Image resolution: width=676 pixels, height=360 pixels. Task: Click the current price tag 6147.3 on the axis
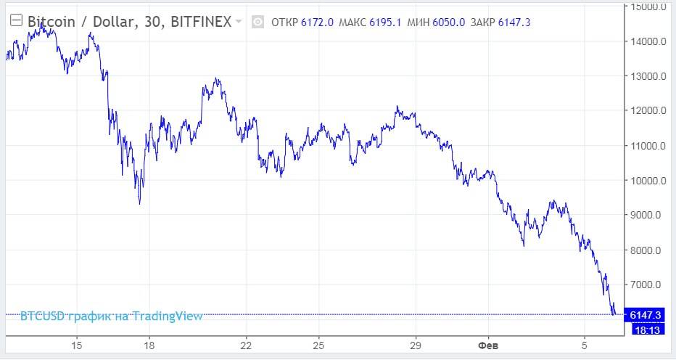[x=646, y=315]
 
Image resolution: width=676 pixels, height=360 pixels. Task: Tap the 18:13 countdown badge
[x=646, y=330]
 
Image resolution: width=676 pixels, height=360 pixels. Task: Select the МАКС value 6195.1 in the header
[x=385, y=22]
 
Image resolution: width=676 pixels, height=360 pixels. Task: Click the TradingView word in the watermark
[x=168, y=316]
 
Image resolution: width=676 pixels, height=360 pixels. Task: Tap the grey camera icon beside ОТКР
[x=257, y=22]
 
